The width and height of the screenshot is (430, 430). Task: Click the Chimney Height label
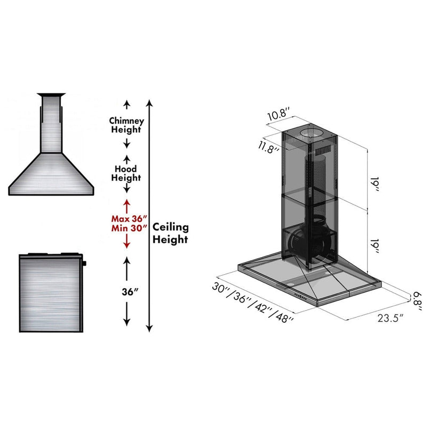pos(126,125)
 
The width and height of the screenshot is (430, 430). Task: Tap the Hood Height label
pos(126,173)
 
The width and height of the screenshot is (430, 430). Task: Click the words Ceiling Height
pos(171,233)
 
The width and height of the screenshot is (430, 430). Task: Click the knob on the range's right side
pos(84,264)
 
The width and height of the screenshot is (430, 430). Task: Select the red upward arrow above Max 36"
pos(127,205)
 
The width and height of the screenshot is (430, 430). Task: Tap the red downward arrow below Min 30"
pos(127,243)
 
